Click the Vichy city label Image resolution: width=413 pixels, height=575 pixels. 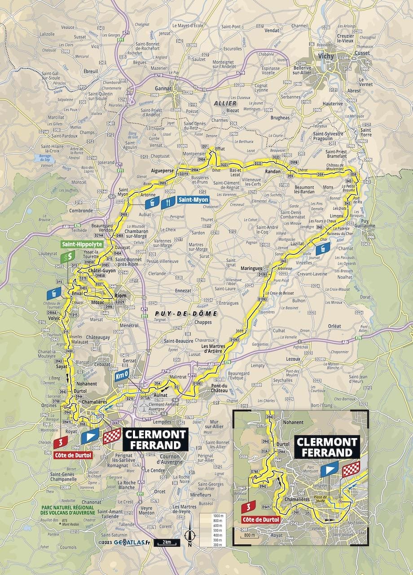[323, 57]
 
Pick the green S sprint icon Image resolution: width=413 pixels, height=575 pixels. [66, 257]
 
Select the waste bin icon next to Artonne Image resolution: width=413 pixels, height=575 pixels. [153, 203]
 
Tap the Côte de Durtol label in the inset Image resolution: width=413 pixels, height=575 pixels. [260, 519]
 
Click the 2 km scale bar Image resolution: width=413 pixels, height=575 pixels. [167, 543]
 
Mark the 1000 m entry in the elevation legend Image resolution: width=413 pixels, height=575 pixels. [206, 515]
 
